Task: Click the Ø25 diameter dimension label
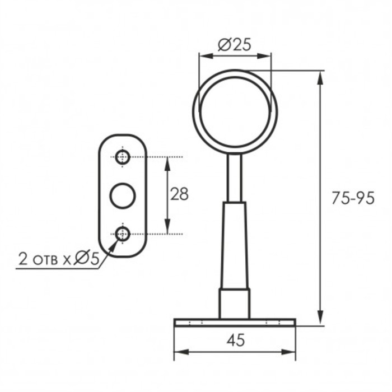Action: tap(234, 45)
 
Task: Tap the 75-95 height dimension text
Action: tap(353, 198)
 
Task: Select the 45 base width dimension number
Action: tap(236, 340)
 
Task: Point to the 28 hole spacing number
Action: tap(179, 194)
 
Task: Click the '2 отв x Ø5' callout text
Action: tap(59, 259)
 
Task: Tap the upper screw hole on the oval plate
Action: tap(123, 157)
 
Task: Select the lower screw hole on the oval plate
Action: tap(123, 234)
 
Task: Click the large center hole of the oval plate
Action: tap(123, 196)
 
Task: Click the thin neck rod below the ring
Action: tap(235, 178)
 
